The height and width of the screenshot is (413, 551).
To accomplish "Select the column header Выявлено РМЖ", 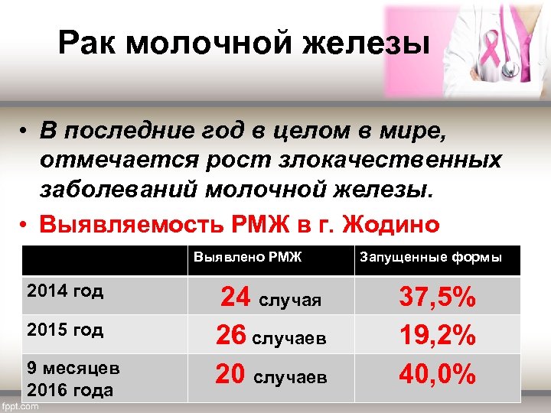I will pos(247,258).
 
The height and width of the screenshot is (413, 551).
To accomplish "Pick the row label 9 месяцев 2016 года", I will pos(73,379).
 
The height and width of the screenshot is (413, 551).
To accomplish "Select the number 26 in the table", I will pos(232,335).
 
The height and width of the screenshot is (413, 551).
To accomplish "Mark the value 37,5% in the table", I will pos(439,298).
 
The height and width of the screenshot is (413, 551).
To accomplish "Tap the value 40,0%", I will pos(439,375).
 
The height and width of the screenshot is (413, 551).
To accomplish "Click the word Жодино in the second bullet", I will pos(393,225).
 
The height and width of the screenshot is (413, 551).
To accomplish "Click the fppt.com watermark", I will pos(21,406).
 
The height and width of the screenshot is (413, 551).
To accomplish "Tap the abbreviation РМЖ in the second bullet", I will pos(248,225).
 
